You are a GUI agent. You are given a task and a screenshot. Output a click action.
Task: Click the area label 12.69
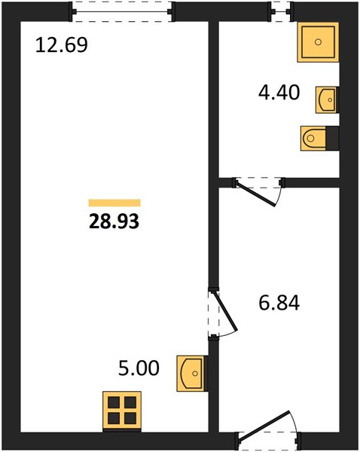click(62, 45)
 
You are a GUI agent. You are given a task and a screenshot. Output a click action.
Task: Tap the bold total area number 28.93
click(114, 222)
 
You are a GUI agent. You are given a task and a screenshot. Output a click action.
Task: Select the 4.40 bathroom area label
click(279, 93)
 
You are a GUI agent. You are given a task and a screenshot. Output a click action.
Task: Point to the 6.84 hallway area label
click(279, 304)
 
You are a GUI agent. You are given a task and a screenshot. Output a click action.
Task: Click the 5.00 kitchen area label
click(139, 368)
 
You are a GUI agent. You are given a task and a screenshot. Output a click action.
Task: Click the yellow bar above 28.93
click(114, 203)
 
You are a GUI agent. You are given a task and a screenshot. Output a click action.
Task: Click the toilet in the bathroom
click(313, 138)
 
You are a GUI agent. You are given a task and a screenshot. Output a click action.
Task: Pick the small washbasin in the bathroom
click(326, 99)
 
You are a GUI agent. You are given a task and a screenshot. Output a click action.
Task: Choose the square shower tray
click(318, 42)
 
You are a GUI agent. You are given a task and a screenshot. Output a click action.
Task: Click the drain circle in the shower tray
click(318, 42)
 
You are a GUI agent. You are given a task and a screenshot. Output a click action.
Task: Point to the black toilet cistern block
click(332, 138)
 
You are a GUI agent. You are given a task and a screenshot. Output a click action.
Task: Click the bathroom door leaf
click(255, 194)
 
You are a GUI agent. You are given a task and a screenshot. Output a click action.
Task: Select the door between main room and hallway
click(225, 311)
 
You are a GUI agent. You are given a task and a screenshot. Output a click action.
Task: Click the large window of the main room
click(123, 11)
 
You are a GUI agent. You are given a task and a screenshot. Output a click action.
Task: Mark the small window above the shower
click(280, 11)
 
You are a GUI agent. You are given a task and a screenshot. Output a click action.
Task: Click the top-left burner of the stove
click(114, 402)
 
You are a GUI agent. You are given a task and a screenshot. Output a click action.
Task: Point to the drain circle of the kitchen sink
click(195, 374)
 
